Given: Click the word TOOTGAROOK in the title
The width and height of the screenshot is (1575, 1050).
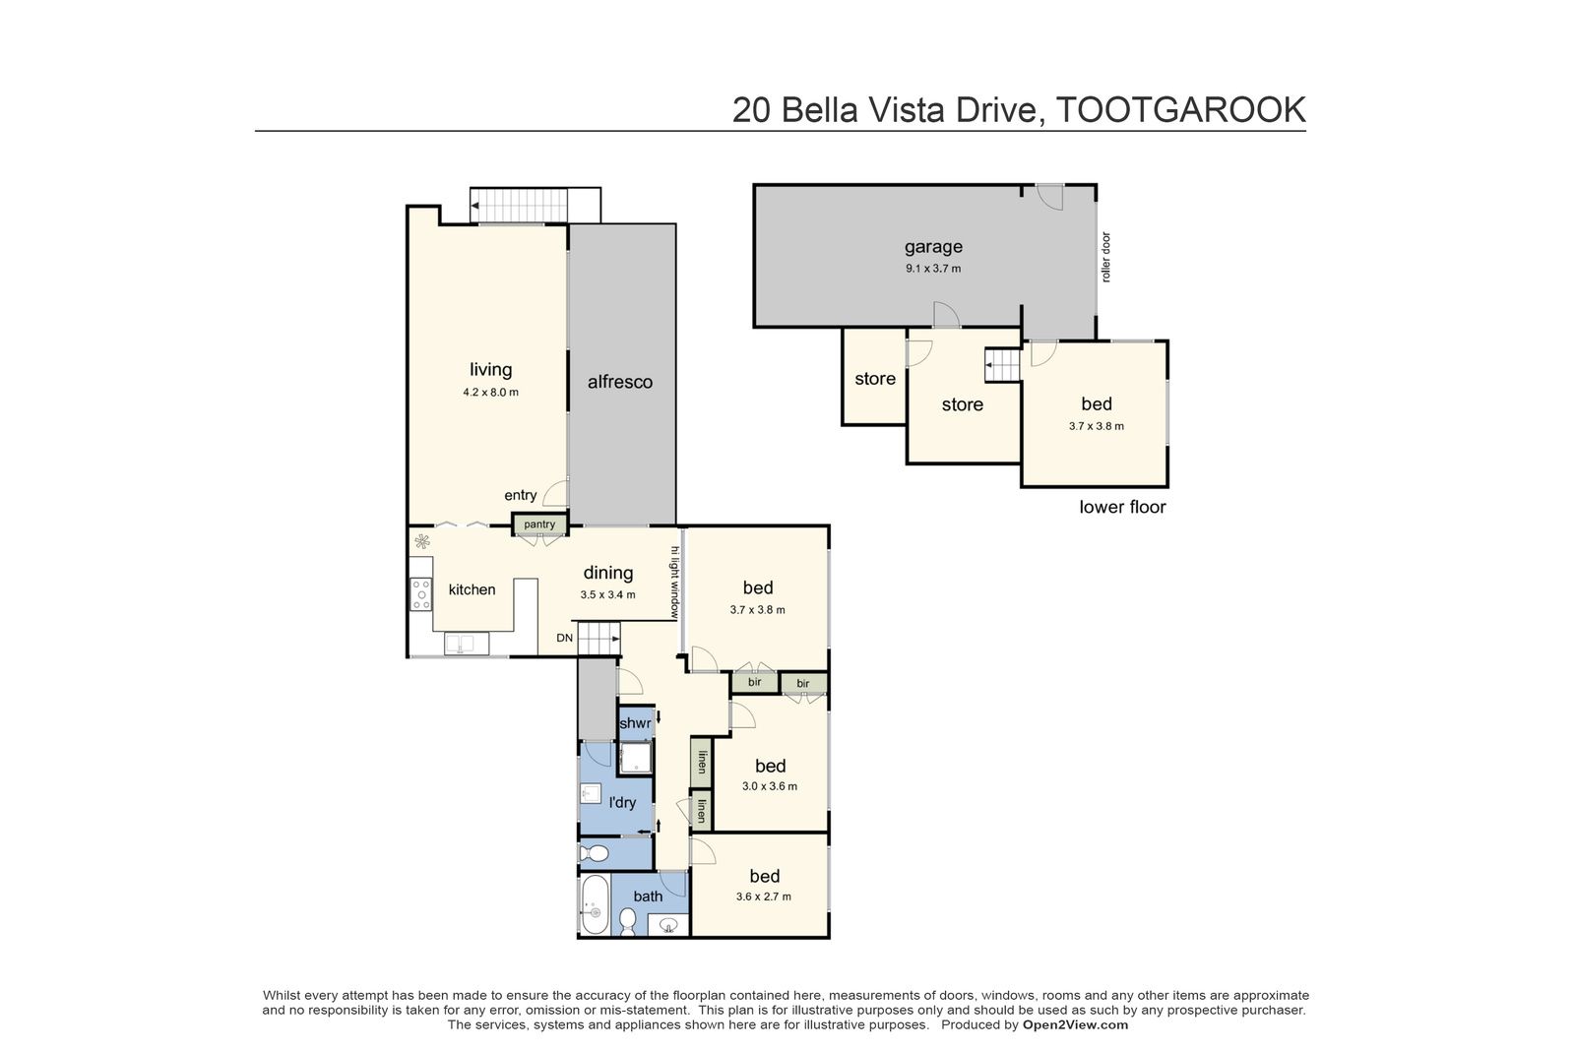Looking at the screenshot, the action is [x=1181, y=109].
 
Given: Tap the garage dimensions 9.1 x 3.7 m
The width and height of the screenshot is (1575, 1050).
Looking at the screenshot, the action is [x=933, y=269].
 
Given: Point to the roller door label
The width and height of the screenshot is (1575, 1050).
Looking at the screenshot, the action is [x=1106, y=257].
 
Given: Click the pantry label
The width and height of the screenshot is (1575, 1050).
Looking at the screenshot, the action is [x=539, y=525].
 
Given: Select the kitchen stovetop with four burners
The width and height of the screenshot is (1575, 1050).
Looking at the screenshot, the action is [x=421, y=593].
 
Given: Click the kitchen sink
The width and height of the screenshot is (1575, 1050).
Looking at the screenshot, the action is [x=467, y=643].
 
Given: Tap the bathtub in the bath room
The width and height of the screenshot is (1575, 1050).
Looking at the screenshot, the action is [x=595, y=903].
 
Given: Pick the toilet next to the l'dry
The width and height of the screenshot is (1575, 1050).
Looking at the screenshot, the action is [x=595, y=853].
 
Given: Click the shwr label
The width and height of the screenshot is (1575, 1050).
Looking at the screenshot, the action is [x=635, y=723].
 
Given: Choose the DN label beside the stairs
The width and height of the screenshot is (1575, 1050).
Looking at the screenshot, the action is [x=565, y=638].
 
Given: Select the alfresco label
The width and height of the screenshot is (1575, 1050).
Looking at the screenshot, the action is [x=620, y=382].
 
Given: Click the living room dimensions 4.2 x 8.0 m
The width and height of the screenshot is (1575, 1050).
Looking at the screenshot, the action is [x=491, y=393].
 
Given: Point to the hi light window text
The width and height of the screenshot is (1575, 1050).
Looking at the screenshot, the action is [x=675, y=582].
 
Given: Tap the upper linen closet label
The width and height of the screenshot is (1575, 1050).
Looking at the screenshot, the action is [x=702, y=761].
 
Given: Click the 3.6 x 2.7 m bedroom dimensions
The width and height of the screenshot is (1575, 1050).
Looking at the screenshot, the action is [x=764, y=896].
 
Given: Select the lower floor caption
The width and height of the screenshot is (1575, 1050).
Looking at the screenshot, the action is [x=1122, y=507].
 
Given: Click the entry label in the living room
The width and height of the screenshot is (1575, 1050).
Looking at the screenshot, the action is [x=521, y=496].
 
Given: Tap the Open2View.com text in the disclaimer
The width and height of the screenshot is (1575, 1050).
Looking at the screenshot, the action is [x=1075, y=1024].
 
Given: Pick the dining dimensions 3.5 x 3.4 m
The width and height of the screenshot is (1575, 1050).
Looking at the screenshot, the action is [x=607, y=594].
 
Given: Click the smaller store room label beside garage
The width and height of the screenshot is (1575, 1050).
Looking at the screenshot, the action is [x=875, y=379].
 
